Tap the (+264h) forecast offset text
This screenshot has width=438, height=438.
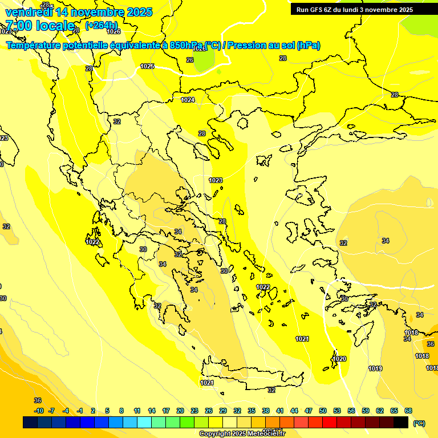click(x=102, y=25)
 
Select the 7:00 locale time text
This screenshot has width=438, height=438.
click(x=40, y=26)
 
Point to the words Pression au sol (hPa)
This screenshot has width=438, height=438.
click(x=274, y=46)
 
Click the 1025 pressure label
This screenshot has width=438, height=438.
click(x=147, y=66)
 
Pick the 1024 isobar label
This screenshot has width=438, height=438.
click(x=188, y=100)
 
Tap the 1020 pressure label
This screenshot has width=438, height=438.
click(x=339, y=359)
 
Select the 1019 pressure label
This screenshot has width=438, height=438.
click(x=375, y=368)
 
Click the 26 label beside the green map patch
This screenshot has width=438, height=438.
click(x=190, y=59)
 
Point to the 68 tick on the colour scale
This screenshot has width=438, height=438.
click(x=408, y=411)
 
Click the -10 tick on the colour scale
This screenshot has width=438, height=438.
click(x=39, y=411)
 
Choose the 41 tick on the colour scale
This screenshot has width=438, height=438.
click(x=280, y=411)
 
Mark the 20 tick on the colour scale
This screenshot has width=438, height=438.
click(x=180, y=411)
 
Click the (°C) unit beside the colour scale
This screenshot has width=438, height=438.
click(x=419, y=423)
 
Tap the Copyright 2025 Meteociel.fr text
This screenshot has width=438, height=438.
click(x=242, y=433)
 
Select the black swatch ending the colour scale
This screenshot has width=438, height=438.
click(x=401, y=422)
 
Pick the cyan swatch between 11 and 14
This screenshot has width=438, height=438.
click(x=144, y=422)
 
